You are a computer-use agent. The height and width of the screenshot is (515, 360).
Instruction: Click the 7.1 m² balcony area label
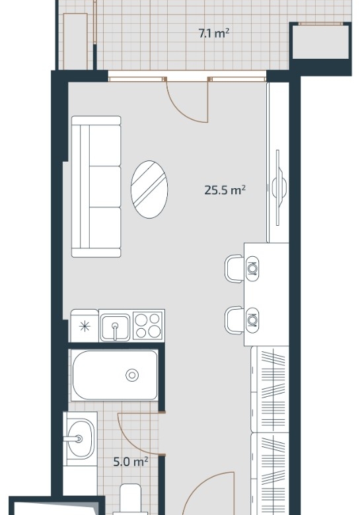click(x=214, y=34)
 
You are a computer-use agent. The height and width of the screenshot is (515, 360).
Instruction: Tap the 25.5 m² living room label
click(x=225, y=190)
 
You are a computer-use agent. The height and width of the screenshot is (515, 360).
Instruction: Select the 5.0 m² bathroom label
click(x=130, y=462)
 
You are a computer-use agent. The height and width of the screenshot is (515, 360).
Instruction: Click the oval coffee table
click(x=149, y=189)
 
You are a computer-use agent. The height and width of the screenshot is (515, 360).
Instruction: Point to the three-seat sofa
click(x=96, y=186)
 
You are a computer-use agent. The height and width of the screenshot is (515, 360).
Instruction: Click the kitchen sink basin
click(x=115, y=327)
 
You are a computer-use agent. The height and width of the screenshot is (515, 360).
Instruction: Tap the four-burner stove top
click(x=148, y=325)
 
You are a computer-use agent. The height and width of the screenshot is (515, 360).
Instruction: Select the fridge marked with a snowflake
click(x=85, y=326)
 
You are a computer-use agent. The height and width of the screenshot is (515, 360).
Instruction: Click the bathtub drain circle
click(x=132, y=375)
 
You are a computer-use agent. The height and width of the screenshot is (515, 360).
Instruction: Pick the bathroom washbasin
click(x=81, y=438)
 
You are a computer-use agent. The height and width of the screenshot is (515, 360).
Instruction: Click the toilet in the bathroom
click(x=130, y=499)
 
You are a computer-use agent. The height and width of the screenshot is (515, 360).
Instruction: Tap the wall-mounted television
click(x=278, y=188)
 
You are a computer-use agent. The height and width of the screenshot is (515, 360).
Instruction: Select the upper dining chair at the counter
click(x=234, y=269)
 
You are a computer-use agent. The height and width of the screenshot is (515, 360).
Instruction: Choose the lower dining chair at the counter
click(x=234, y=320)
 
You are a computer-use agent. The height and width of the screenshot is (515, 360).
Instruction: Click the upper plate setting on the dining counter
click(x=252, y=269)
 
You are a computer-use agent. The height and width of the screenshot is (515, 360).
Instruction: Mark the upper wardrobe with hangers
click(x=270, y=389)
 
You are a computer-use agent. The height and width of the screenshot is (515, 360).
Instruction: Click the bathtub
click(x=115, y=375)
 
